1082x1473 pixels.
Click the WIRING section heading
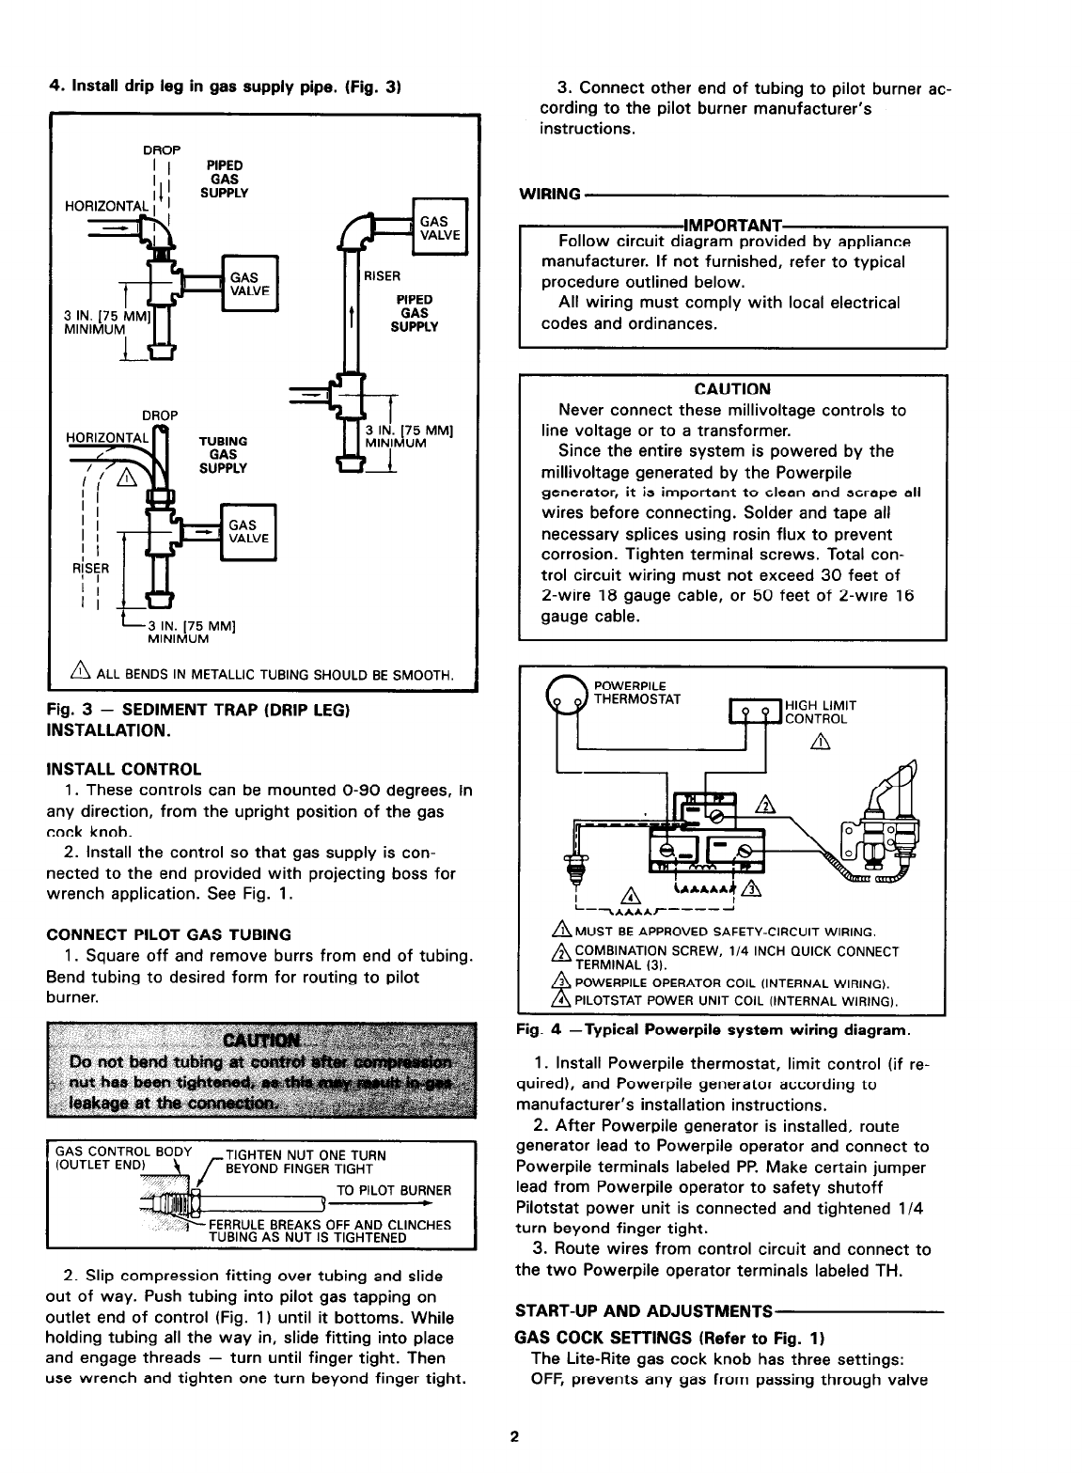click(550, 194)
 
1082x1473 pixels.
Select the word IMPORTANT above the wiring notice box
click(732, 226)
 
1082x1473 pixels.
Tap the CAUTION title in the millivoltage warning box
click(732, 389)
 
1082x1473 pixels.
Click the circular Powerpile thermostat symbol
click(566, 695)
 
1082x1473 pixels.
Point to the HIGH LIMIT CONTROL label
click(821, 713)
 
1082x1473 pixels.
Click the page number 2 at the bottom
click(514, 1436)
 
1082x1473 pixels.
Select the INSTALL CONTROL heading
click(124, 769)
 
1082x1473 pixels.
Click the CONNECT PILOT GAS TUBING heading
click(168, 934)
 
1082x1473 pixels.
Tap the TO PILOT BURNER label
click(394, 1190)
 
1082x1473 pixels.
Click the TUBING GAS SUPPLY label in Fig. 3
click(223, 454)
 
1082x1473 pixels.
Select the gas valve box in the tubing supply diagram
click(248, 532)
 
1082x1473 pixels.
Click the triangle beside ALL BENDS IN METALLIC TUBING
click(80, 670)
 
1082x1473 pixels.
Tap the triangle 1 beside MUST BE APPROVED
click(562, 930)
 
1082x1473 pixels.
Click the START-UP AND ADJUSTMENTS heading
click(643, 1310)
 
